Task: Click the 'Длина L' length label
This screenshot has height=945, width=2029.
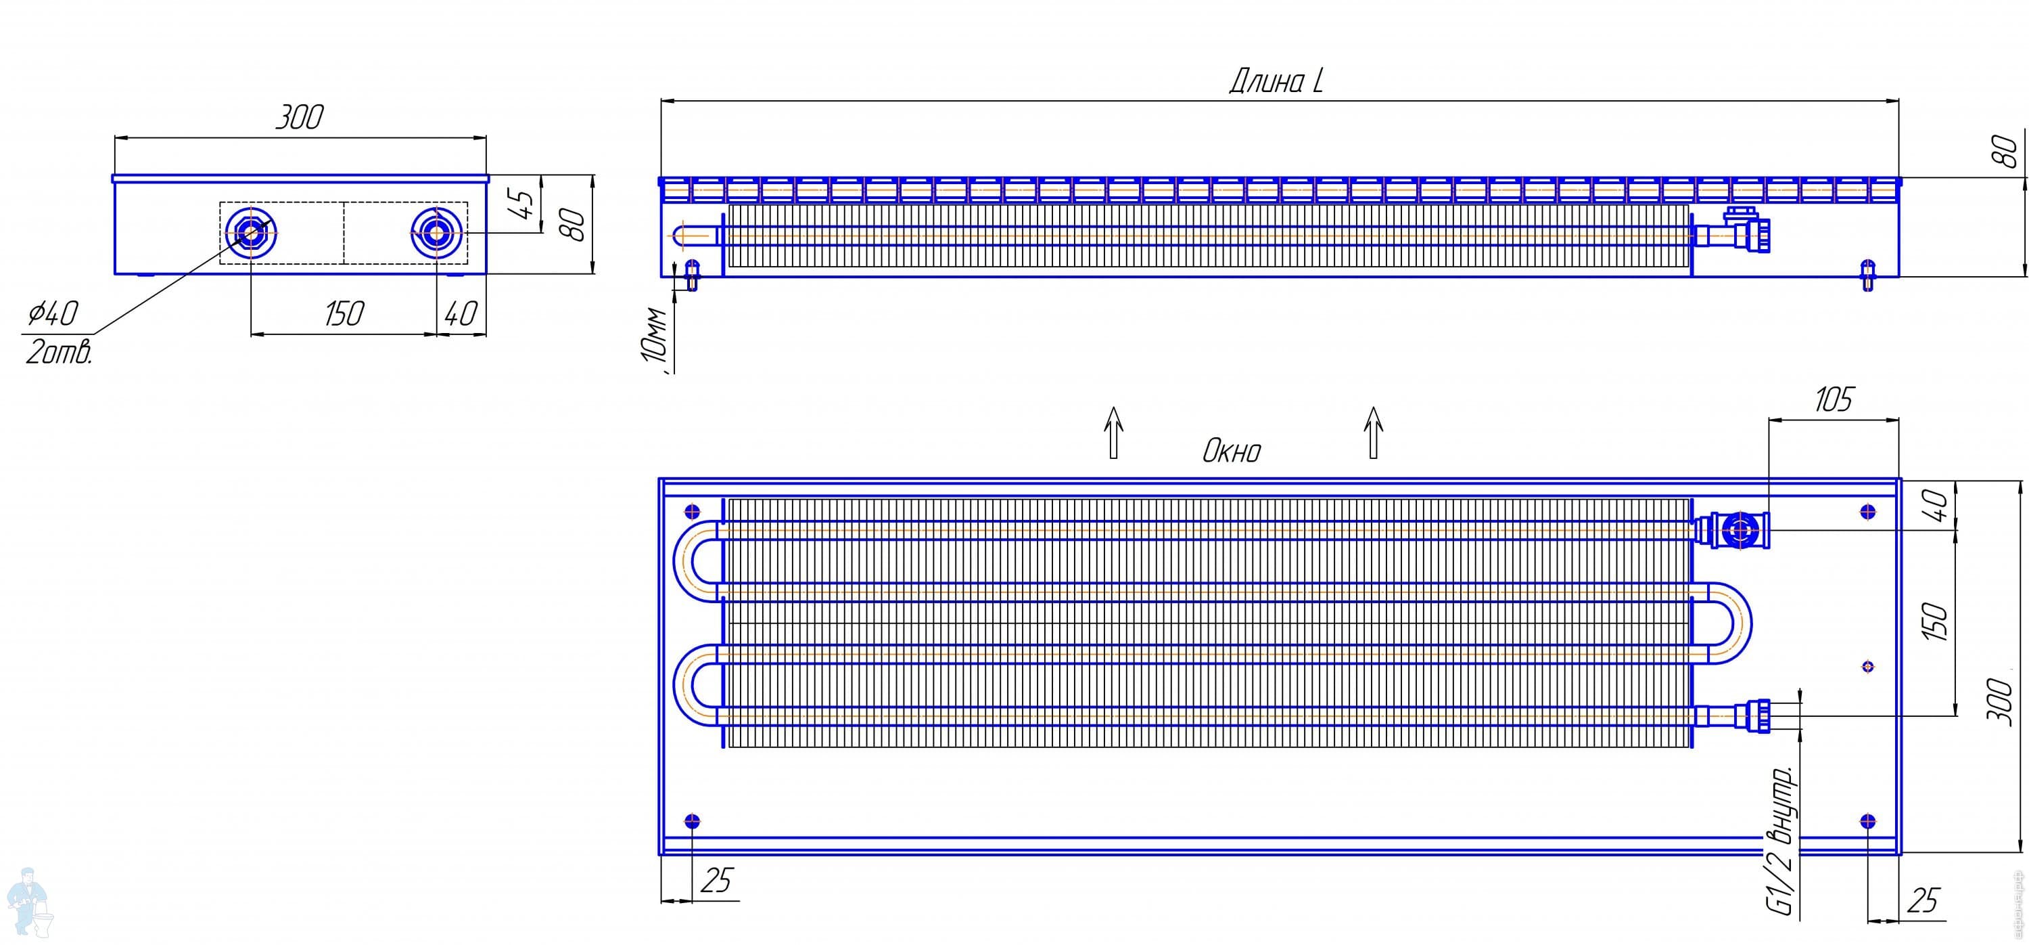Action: coord(1276,81)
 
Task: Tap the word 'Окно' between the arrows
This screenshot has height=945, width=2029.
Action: coord(1231,452)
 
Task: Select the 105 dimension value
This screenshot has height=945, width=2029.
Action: coord(1833,400)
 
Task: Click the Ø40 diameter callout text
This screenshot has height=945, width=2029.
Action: coord(53,313)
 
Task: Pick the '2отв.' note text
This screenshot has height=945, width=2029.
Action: coord(59,351)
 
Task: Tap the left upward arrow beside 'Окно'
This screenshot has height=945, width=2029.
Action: coord(1113,432)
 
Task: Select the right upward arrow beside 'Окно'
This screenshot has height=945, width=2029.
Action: coord(1374,432)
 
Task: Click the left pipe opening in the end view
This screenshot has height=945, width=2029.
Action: coord(250,232)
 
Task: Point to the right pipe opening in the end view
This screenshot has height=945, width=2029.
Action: coord(436,232)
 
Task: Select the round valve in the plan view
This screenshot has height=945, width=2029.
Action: coord(1738,531)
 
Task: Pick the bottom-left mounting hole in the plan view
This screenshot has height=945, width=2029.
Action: coord(693,822)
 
